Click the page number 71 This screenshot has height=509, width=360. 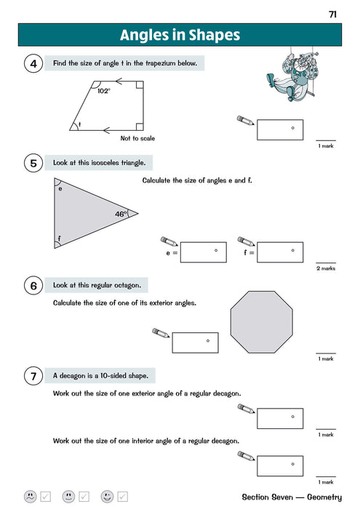(332, 14)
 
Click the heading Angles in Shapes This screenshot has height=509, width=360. (180, 35)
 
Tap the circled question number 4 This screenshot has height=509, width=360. (33, 65)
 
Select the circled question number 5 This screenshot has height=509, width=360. (33, 164)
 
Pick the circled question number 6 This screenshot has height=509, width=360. (33, 286)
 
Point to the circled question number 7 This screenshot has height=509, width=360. (33, 377)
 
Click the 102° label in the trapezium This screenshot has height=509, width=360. (103, 91)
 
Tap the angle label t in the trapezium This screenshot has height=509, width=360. (79, 125)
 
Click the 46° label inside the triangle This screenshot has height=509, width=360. (120, 214)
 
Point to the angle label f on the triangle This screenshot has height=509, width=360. (58, 238)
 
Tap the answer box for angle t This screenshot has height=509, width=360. (279, 130)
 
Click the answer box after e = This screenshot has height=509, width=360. (204, 252)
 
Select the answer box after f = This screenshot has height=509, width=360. (280, 252)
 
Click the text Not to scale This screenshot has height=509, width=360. (137, 138)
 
